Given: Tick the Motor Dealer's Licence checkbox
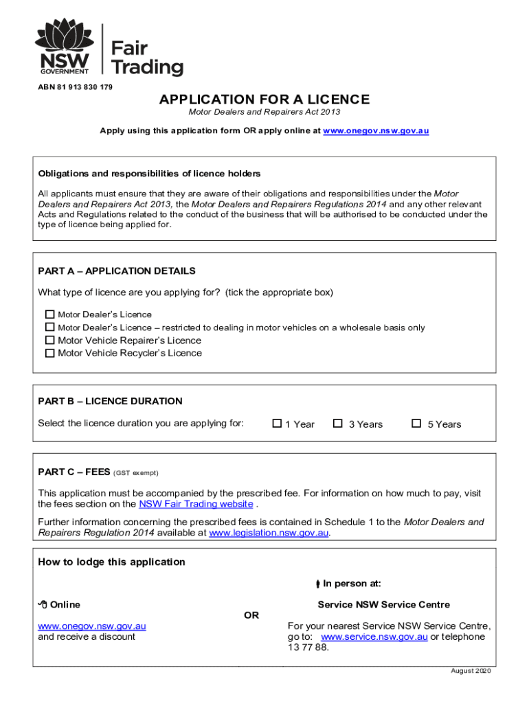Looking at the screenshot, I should [x=49, y=314].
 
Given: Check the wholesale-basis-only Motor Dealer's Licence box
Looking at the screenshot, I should [x=49, y=327].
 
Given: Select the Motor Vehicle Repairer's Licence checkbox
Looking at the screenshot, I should [x=49, y=341].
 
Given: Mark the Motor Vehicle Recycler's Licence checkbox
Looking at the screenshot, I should [x=49, y=354].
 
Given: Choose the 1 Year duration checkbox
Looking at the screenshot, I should [x=277, y=424].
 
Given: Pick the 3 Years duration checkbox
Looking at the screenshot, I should [x=337, y=424].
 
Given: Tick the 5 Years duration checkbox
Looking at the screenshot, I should [x=416, y=424].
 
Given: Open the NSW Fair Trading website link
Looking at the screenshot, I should [x=196, y=504].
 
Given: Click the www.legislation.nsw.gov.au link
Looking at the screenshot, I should [x=269, y=533].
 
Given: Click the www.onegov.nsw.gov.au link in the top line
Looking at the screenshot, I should [x=376, y=130].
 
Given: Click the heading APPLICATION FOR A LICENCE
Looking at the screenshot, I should [x=264, y=100].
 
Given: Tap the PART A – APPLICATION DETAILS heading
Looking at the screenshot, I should [x=117, y=270].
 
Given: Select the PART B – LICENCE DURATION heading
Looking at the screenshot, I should [x=110, y=401].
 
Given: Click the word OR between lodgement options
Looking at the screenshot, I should [x=251, y=615].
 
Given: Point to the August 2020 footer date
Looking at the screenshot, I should [x=471, y=671].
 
